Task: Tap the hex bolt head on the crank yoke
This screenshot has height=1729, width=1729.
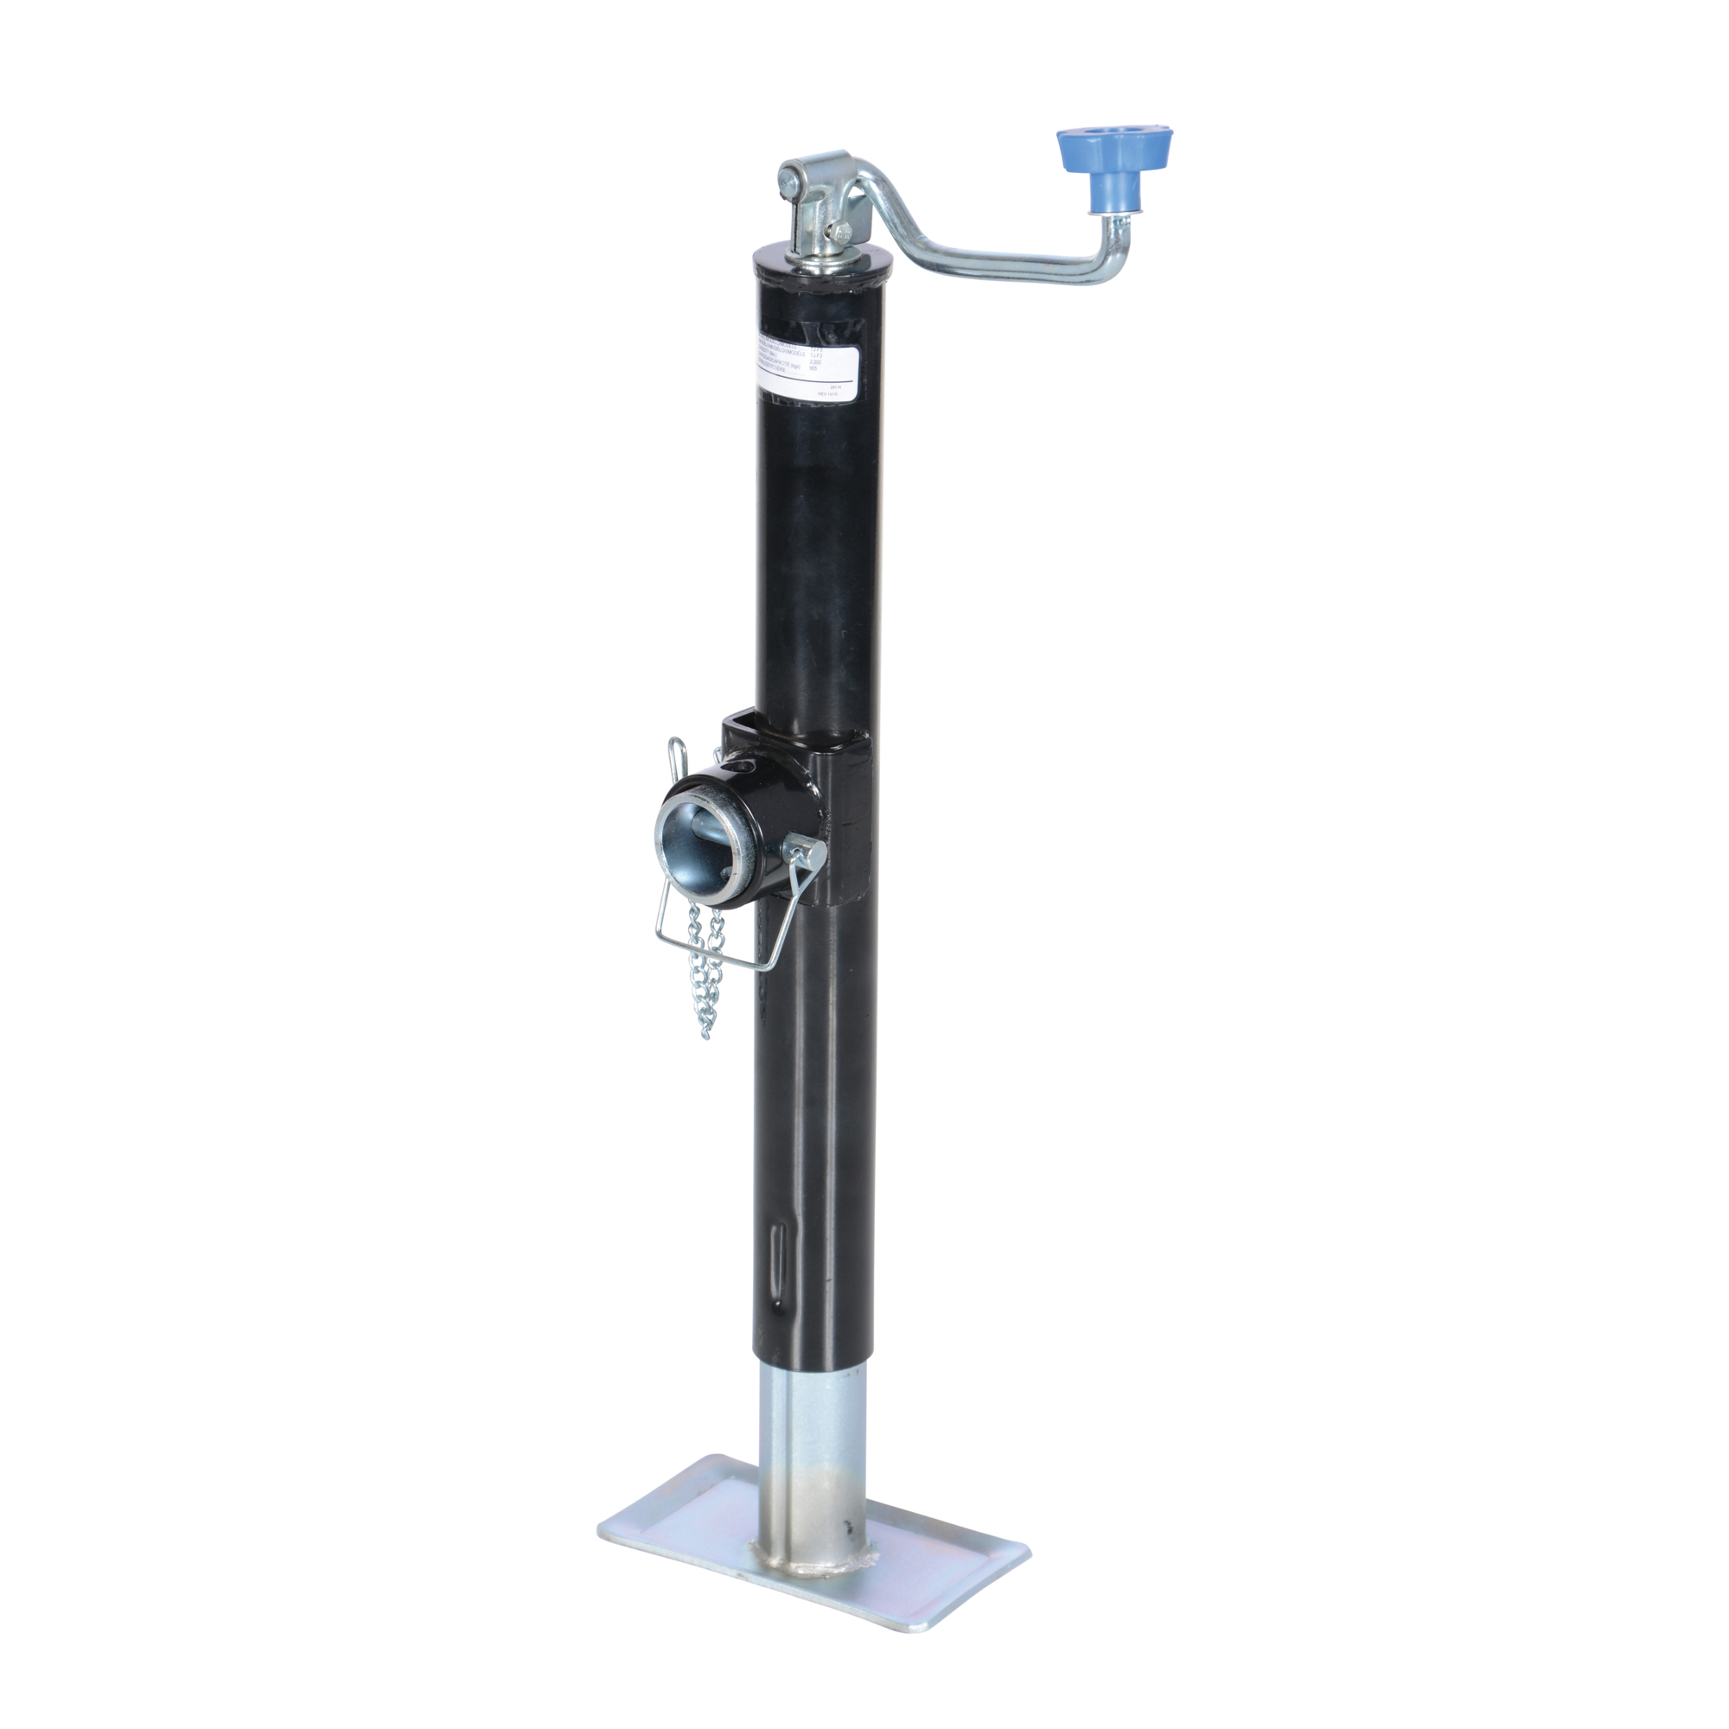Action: click(x=839, y=232)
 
